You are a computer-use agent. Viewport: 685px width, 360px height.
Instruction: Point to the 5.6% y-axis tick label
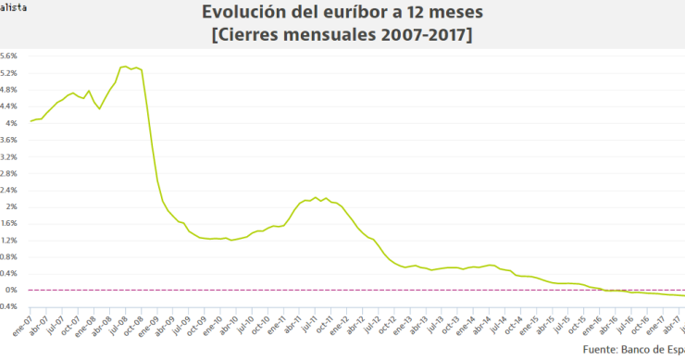point(9,56)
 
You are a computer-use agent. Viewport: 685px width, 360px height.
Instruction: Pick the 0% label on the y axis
point(12,290)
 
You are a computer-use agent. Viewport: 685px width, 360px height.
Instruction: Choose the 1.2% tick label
point(9,240)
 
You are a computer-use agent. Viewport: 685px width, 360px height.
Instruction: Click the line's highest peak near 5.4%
point(123,67)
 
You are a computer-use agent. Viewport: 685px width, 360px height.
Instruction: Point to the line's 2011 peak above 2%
point(316,197)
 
